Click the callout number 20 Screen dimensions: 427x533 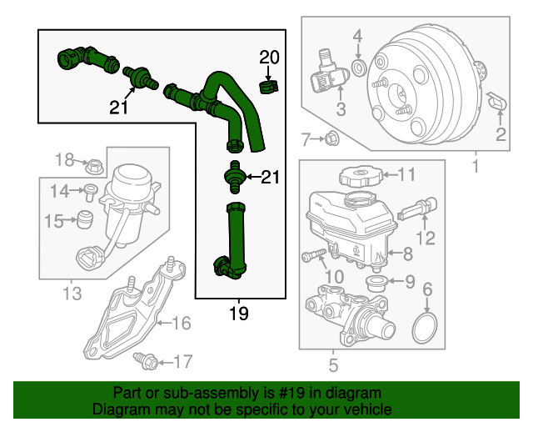point(269,58)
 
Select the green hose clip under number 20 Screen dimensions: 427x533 point(268,86)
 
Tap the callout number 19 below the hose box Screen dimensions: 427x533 point(239,314)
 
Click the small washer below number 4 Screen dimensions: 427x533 point(357,67)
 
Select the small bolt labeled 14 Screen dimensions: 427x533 point(87,192)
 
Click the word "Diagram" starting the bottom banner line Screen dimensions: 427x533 point(118,409)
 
